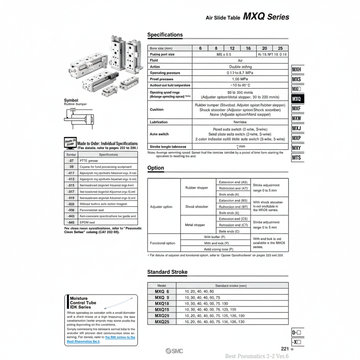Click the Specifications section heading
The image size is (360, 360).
(165, 35)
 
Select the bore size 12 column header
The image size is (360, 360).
(232, 48)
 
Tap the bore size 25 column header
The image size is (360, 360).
(280, 48)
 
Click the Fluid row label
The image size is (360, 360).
(154, 60)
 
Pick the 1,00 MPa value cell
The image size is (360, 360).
(240, 79)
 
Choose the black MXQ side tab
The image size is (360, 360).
(297, 99)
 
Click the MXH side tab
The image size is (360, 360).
(297, 70)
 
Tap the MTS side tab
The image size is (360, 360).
(297, 157)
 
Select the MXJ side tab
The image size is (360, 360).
(297, 128)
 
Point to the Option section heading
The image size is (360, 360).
(156, 168)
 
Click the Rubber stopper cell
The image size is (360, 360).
(197, 188)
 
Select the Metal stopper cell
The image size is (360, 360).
(195, 225)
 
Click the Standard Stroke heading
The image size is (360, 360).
(167, 272)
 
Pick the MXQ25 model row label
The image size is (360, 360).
(162, 322)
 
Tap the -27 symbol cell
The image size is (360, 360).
(71, 160)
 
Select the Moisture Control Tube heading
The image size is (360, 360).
(83, 302)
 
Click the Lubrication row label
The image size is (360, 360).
(159, 122)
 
